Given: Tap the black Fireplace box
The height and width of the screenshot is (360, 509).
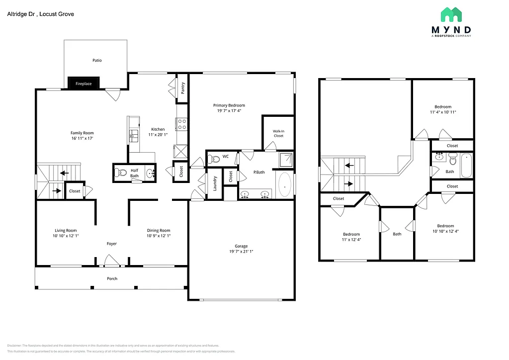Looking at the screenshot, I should (x=84, y=84).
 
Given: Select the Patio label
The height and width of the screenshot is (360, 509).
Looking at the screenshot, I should (x=97, y=60).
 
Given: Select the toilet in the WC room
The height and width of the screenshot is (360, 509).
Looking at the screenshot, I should (x=214, y=159).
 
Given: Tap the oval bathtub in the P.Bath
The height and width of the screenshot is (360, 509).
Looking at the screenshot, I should (x=284, y=185).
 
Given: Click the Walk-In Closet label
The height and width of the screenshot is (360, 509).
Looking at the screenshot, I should (x=278, y=133).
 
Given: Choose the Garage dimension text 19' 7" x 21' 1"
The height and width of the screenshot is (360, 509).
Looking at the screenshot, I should (x=241, y=252).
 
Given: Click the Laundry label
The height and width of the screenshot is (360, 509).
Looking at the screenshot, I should (x=215, y=183).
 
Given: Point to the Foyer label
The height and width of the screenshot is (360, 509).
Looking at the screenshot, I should (x=112, y=244).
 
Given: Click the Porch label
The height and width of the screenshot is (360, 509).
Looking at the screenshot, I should (x=112, y=278).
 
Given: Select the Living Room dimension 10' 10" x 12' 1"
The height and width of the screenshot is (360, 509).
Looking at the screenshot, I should (x=66, y=236).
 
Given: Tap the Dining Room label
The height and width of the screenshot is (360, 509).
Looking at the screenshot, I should (x=159, y=230).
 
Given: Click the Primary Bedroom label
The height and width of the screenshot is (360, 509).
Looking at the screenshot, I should (x=229, y=105).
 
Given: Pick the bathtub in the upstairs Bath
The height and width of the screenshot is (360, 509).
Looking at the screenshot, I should (x=466, y=166).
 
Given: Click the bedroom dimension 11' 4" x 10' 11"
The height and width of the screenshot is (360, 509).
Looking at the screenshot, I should (x=443, y=112).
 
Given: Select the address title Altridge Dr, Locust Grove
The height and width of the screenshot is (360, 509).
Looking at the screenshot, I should (x=40, y=14).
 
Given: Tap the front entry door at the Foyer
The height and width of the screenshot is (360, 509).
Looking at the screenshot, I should (x=110, y=261).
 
